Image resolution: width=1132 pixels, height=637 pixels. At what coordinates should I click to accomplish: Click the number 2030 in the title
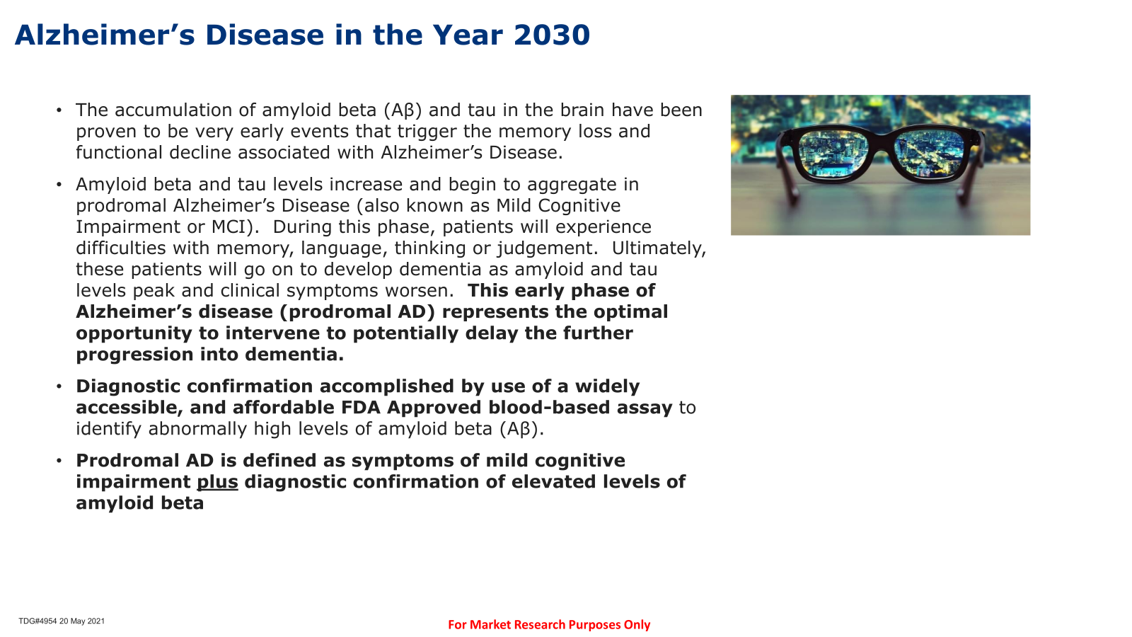[551, 35]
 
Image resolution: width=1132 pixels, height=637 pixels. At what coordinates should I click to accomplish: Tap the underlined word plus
[217, 482]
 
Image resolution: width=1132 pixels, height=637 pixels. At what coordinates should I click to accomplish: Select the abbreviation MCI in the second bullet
[232, 227]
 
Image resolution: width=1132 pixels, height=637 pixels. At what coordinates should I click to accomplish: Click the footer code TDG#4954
[38, 621]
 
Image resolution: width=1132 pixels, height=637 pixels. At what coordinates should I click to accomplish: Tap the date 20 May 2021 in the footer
[82, 621]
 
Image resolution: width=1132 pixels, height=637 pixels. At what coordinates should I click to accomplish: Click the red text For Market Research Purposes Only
[549, 625]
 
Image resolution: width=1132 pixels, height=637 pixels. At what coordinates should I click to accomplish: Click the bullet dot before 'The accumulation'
[59, 110]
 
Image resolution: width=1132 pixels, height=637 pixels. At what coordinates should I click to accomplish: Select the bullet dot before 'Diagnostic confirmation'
[59, 386]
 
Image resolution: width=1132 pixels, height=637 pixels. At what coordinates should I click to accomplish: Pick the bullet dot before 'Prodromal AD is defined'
[59, 461]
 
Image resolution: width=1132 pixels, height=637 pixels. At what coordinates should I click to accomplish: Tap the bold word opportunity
[134, 333]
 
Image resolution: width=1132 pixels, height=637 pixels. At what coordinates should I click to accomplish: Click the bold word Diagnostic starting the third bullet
[128, 386]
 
